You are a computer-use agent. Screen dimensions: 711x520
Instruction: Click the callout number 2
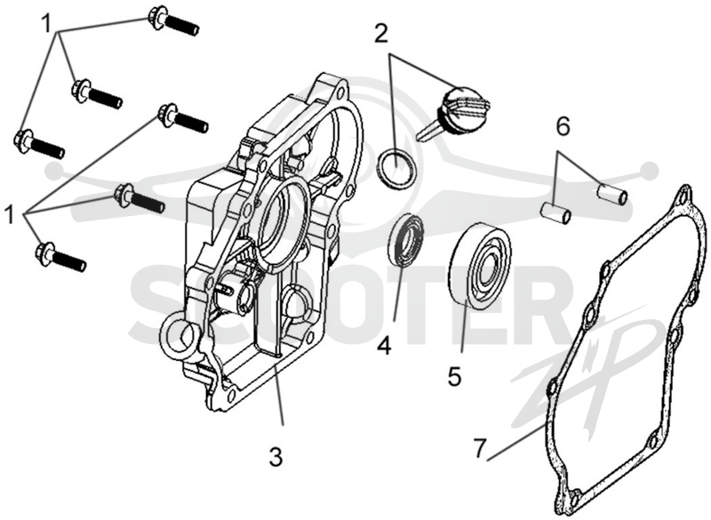click(381, 34)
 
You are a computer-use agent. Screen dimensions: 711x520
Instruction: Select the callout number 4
click(384, 347)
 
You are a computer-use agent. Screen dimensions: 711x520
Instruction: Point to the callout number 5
click(454, 376)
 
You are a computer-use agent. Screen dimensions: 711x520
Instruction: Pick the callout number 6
click(563, 127)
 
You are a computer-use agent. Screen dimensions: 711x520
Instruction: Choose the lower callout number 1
click(9, 213)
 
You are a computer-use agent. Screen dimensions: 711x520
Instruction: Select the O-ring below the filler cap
click(395, 169)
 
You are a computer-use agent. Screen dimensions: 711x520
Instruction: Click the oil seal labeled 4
click(406, 241)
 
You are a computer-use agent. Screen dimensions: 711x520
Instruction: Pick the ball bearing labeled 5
click(482, 264)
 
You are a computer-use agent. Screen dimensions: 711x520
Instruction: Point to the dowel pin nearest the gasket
click(612, 193)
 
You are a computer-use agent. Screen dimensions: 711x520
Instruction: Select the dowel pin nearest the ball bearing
click(556, 213)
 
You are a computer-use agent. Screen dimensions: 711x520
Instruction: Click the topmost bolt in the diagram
click(174, 22)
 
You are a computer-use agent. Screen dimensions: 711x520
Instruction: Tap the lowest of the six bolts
click(60, 257)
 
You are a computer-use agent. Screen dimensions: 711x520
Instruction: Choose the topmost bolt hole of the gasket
click(683, 196)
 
